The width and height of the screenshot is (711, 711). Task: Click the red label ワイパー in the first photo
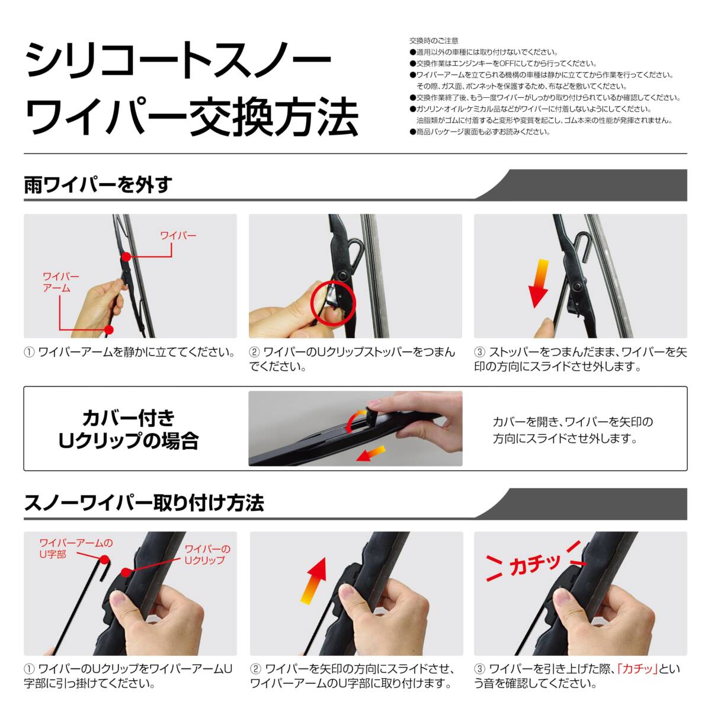pos(178,235)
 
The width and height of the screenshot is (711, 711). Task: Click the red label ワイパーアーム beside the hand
pos(60,282)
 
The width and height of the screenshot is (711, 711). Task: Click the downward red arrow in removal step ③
pos(539,283)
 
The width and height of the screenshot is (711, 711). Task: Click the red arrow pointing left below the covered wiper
pos(370,453)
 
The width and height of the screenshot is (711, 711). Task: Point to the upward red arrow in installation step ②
pos(313,581)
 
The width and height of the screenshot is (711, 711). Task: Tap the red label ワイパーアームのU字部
pos(76,548)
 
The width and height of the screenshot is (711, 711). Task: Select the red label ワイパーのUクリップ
pos(207,555)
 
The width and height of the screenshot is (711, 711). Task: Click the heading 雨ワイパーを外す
pos(98,185)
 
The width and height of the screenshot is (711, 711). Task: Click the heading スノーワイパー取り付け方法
pos(144,502)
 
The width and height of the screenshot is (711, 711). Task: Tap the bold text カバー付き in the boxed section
pos(129,418)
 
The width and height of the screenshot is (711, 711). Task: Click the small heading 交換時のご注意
pos(434,41)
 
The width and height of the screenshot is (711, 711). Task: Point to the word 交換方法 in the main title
pos(273,117)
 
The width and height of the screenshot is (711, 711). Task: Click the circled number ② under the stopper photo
pos(255,352)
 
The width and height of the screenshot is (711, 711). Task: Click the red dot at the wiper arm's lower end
pos(108,329)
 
